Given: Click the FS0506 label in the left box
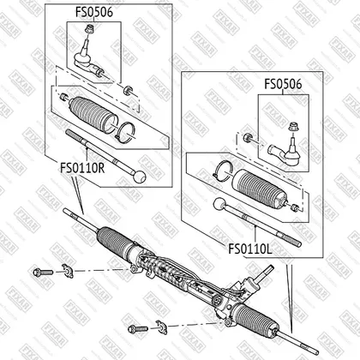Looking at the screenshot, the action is [x=94, y=12].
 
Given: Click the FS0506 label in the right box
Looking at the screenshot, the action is [x=283, y=84].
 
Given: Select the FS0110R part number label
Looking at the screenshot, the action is [x=82, y=168].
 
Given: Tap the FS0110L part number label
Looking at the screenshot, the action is [x=250, y=249].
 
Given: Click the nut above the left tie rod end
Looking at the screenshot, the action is [x=90, y=28].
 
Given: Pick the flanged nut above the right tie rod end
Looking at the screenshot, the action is [x=292, y=127].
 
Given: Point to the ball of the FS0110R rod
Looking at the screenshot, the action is [x=140, y=177].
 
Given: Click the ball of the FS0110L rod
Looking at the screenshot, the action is [x=219, y=204].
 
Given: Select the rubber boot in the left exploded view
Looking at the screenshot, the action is [x=93, y=115].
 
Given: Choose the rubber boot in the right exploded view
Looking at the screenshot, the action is [x=261, y=187].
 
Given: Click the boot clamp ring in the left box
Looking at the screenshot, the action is [x=125, y=131].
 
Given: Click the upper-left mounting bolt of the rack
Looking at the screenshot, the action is [x=43, y=272].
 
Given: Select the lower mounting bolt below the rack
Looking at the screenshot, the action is [x=138, y=329].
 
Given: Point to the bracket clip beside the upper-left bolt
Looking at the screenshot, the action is [x=68, y=271].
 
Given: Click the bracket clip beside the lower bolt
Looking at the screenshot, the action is [x=162, y=327].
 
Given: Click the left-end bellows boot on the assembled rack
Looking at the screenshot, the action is [x=116, y=239].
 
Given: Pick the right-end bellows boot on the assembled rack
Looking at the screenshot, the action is [x=256, y=319].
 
